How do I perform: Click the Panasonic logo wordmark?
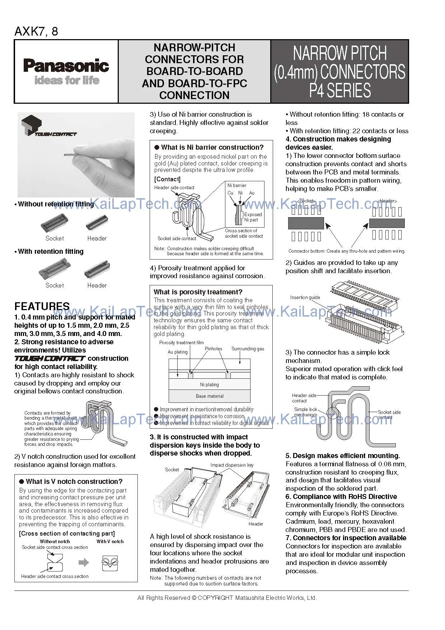(66, 66)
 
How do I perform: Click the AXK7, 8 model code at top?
(36, 32)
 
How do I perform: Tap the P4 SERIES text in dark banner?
(340, 90)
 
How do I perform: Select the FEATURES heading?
(42, 306)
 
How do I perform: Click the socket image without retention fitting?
(55, 223)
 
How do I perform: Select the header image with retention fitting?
(97, 270)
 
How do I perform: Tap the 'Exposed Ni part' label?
(253, 217)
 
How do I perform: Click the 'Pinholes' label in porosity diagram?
(214, 349)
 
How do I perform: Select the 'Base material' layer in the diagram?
(210, 396)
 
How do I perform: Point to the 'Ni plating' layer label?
(210, 384)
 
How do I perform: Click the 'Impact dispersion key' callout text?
(232, 465)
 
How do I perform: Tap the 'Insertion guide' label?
(305, 297)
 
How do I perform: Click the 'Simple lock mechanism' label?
(305, 412)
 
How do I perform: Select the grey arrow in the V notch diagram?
(84, 563)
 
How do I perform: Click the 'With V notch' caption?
(110, 541)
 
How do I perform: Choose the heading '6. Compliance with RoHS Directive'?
(341, 496)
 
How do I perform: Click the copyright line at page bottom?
(227, 598)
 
